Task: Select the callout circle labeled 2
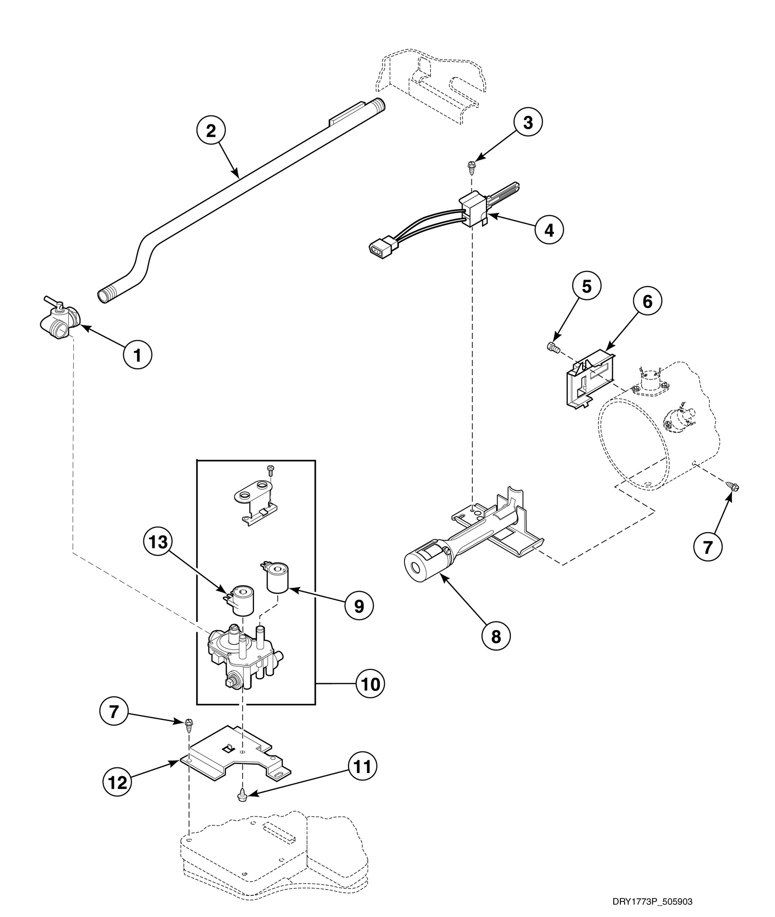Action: [210, 131]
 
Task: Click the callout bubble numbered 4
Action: [549, 230]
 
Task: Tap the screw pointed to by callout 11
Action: [242, 796]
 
